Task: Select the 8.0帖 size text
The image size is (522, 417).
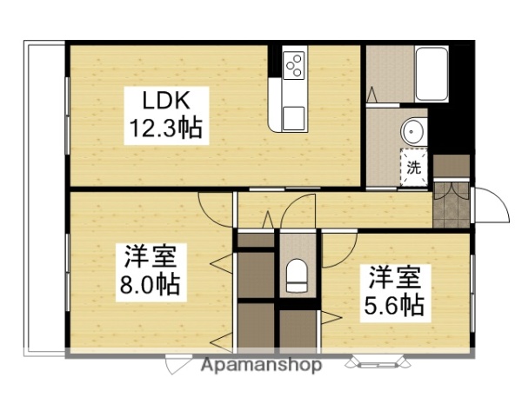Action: coord(151,284)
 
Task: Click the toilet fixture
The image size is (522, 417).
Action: coord(297,276)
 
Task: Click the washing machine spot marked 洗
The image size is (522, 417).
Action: coord(415,166)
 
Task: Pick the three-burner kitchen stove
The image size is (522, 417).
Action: coord(294,63)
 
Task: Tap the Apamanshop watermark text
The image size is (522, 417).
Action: coord(262,364)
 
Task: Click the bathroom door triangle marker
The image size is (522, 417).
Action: coord(372,92)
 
